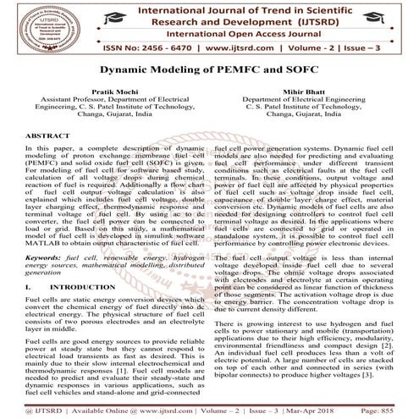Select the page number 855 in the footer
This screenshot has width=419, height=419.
point(398,408)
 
